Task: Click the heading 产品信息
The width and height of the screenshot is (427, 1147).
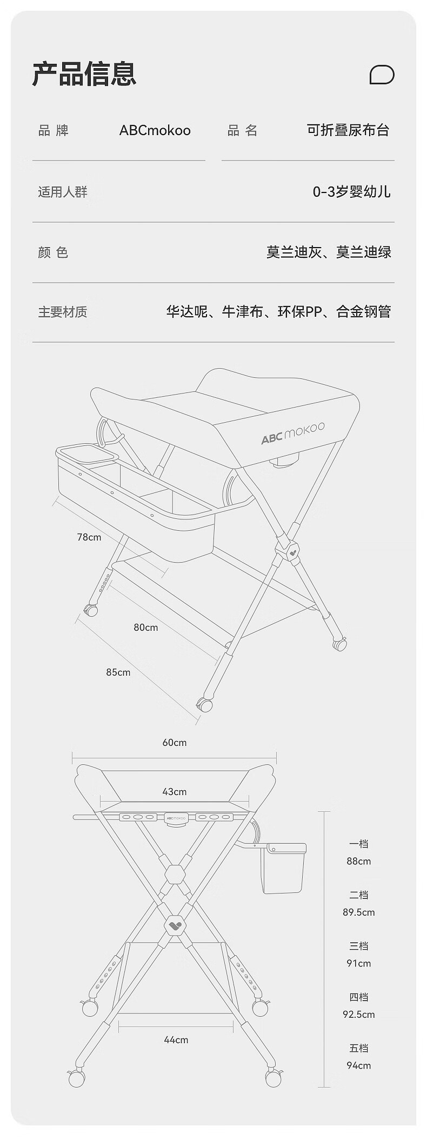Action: (x=84, y=74)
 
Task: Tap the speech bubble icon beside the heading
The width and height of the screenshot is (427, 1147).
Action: (x=382, y=75)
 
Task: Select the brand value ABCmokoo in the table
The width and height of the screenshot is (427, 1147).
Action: (x=155, y=130)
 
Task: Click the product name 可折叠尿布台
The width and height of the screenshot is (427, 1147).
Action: (x=348, y=130)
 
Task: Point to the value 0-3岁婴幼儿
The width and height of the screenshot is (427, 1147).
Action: (x=351, y=192)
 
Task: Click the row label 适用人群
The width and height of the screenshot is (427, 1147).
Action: (x=63, y=192)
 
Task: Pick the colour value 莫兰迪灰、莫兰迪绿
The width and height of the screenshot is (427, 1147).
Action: (x=329, y=252)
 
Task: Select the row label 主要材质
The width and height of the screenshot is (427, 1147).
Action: (x=63, y=312)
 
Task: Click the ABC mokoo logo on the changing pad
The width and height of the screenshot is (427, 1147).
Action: (x=293, y=433)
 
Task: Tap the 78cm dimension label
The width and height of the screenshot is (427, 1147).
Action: (x=89, y=537)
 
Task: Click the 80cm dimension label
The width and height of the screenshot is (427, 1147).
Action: (x=146, y=628)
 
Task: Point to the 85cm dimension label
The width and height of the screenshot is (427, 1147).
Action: (x=118, y=672)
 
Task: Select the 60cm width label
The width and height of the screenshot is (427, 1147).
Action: (x=175, y=743)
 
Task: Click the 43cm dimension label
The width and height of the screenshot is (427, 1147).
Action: (x=175, y=792)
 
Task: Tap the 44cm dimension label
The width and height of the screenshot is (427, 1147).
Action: (x=176, y=1040)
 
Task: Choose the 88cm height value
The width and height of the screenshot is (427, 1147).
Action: (x=359, y=861)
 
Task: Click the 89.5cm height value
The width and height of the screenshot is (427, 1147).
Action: (x=359, y=912)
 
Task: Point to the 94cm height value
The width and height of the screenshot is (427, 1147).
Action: (x=359, y=1065)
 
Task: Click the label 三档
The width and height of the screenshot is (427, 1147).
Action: (x=359, y=946)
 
